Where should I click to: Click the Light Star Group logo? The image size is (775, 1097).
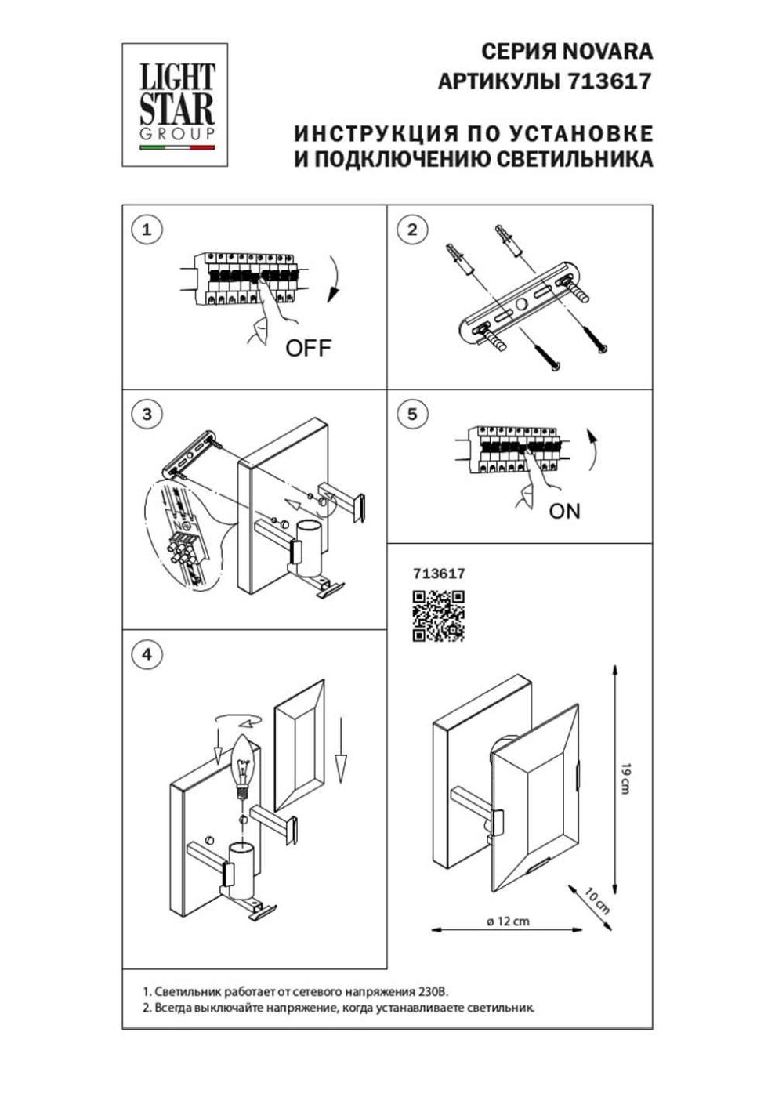[x=175, y=105]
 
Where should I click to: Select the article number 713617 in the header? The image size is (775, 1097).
[x=609, y=81]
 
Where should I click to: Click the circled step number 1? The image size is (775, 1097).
[x=147, y=230]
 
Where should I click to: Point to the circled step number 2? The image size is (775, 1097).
[x=412, y=230]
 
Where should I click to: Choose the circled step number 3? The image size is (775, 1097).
[x=147, y=415]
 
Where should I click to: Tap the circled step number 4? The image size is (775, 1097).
[x=147, y=655]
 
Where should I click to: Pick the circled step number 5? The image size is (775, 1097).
[x=412, y=415]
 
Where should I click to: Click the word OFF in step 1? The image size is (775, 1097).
[x=308, y=348]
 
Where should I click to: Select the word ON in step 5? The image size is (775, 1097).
[x=564, y=511]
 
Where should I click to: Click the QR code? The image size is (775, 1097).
[x=439, y=616]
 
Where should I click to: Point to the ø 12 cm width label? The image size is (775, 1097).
[x=508, y=921]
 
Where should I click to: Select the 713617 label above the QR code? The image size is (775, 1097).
[x=439, y=574]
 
